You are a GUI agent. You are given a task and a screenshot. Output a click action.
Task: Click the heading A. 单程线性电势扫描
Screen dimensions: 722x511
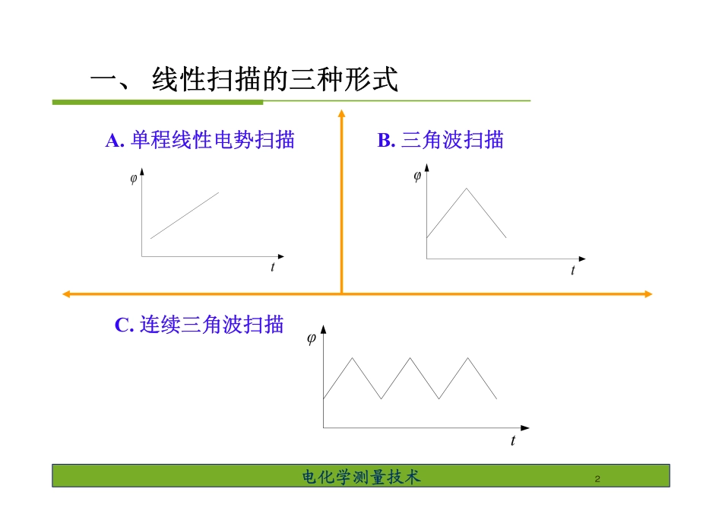click(x=200, y=140)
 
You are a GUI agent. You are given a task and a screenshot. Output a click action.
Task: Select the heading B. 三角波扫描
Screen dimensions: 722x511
click(x=440, y=140)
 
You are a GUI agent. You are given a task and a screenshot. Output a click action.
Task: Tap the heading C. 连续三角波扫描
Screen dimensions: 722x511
click(x=199, y=325)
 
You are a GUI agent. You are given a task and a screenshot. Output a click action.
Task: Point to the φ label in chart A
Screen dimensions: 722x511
click(x=133, y=179)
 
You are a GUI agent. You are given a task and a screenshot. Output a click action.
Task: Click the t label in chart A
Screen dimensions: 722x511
click(x=272, y=267)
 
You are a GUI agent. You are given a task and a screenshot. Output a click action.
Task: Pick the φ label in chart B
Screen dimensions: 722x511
click(x=417, y=177)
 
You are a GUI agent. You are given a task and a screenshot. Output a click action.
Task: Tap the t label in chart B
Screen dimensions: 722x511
click(x=573, y=271)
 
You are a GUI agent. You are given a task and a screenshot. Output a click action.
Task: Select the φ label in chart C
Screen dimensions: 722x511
click(x=311, y=339)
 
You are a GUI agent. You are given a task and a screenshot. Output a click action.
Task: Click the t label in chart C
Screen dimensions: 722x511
click(x=513, y=440)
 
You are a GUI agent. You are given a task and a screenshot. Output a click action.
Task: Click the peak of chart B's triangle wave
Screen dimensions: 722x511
click(x=466, y=189)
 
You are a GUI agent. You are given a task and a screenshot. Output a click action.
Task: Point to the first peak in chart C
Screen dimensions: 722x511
click(x=352, y=357)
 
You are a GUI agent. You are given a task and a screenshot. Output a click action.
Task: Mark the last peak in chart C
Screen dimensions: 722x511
click(x=467, y=357)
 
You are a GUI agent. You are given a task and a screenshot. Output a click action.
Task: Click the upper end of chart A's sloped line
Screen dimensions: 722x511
click(x=218, y=192)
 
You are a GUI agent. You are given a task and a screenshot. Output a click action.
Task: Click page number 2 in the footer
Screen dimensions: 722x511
click(x=597, y=479)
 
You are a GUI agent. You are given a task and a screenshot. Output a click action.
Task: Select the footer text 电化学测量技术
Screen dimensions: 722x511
click(x=361, y=477)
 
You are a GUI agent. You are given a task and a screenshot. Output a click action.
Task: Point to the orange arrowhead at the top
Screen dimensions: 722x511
click(x=341, y=114)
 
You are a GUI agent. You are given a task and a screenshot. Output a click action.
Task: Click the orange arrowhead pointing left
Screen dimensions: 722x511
click(x=66, y=294)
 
